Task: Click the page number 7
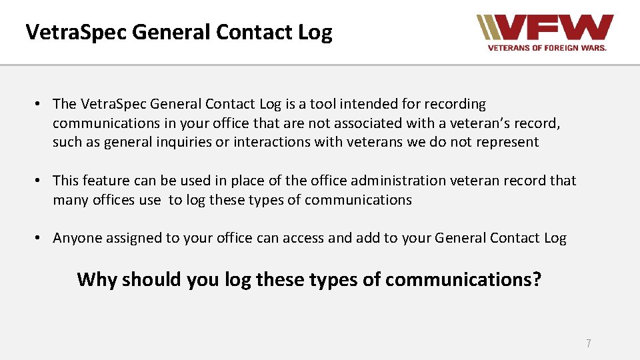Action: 588,344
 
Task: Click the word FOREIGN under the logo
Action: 557,48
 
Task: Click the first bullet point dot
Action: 40,104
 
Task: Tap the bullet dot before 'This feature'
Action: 40,181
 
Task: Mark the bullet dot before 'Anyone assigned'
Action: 40,239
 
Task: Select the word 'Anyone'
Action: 76,239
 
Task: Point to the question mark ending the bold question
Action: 537,279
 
